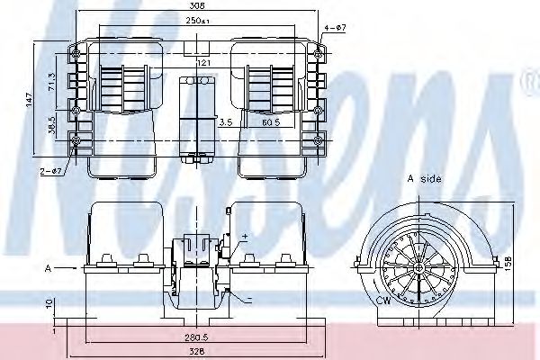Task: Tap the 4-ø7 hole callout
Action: tap(335, 28)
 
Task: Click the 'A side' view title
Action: tap(424, 179)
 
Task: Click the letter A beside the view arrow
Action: tap(46, 267)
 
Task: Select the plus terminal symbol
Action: tap(243, 235)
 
